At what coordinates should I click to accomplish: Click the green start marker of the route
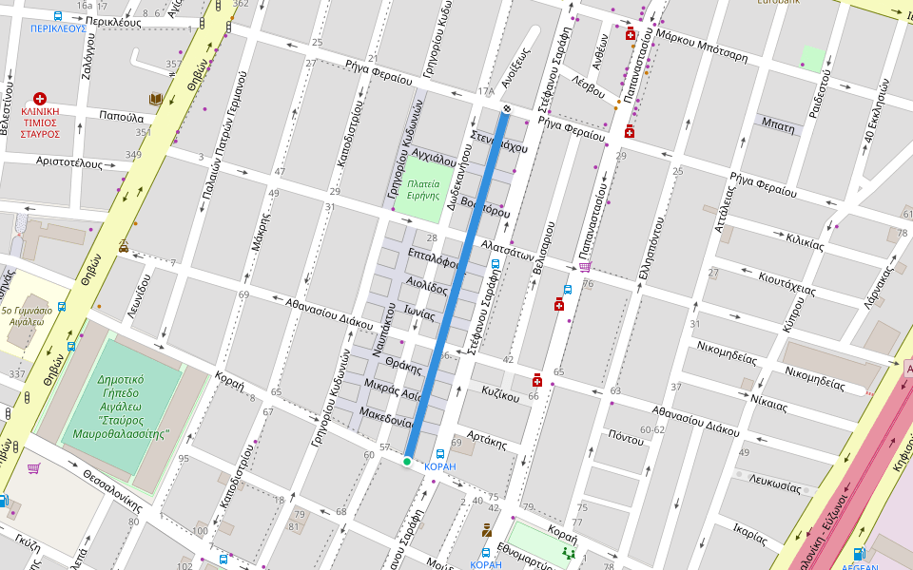(407, 462)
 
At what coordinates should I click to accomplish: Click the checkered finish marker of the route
(507, 109)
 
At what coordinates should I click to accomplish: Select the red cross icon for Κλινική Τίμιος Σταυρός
(40, 99)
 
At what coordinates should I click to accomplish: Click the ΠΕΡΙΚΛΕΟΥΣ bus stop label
(58, 28)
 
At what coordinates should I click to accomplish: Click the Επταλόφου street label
(433, 259)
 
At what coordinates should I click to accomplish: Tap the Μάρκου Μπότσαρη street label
(702, 47)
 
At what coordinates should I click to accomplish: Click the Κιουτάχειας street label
(787, 284)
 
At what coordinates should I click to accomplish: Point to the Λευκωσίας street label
(775, 484)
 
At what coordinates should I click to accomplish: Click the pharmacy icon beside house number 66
(537, 380)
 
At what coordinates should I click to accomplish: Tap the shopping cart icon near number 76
(584, 267)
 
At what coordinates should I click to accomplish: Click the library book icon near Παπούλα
(155, 100)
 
